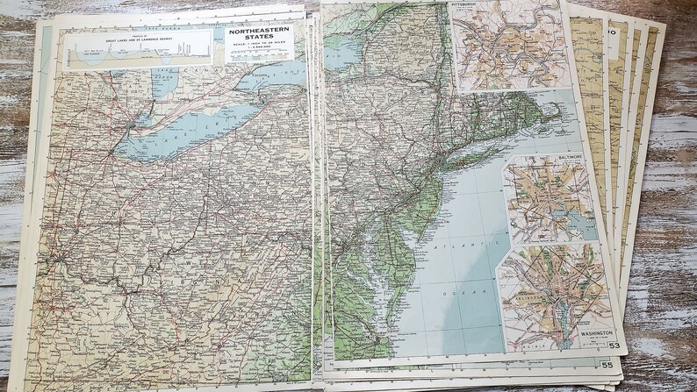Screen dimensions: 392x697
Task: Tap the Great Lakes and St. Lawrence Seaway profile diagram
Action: point(140,48)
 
